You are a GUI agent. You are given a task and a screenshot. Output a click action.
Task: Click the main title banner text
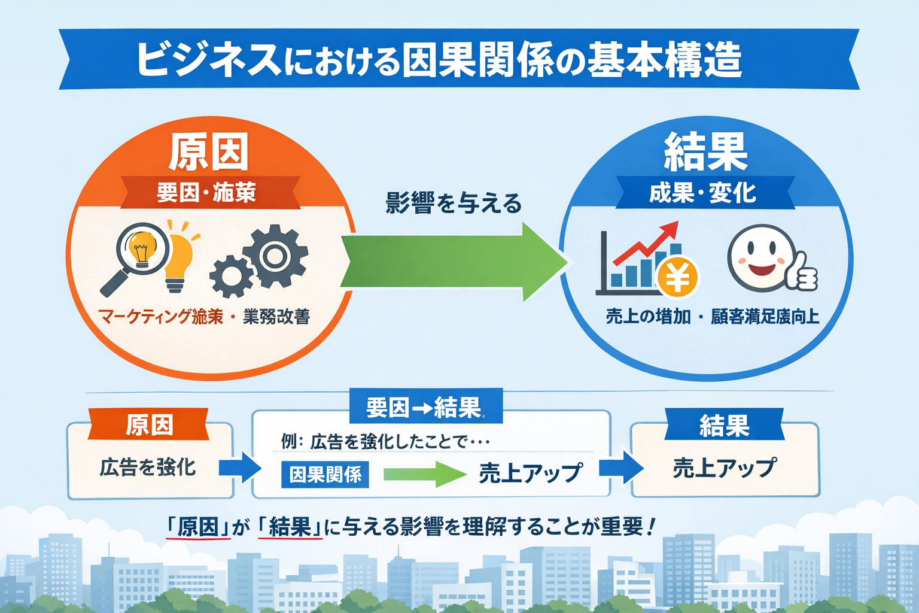440,60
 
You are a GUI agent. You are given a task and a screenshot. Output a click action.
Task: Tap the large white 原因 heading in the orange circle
208,152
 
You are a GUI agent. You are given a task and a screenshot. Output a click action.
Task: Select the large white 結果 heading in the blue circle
706,152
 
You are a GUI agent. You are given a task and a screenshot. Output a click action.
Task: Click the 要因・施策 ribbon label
207,193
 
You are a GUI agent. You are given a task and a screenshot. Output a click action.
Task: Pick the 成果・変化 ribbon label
703,193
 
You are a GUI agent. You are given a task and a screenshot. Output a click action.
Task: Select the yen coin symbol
677,277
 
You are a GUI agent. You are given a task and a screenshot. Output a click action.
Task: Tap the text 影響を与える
454,204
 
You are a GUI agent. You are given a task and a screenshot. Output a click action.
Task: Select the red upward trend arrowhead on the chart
670,230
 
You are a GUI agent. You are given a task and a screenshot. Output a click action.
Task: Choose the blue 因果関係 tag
325,475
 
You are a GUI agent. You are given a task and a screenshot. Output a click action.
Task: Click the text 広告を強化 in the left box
148,467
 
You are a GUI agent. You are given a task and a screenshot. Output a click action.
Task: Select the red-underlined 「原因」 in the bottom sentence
198,527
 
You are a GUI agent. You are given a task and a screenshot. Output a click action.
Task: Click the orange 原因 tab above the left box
149,425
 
